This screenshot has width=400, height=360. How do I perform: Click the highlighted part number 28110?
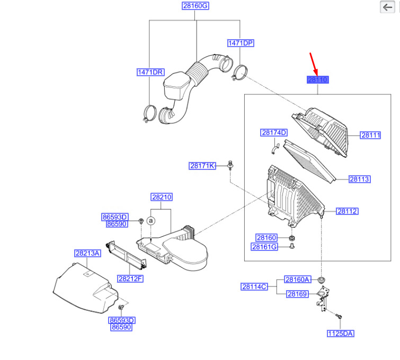pos(318,80)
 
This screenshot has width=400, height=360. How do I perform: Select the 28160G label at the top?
pos(195,6)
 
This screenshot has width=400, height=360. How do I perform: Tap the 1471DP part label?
pos(241,43)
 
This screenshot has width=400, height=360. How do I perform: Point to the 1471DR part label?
pos(150,72)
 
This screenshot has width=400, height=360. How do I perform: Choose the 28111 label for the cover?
pos(371,136)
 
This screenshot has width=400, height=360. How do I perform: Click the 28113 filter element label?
pos(359,179)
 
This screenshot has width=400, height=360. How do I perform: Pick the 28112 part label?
pos(348,211)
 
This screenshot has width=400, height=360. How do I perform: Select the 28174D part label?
pos(273,133)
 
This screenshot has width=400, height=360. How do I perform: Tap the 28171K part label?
pos(202,166)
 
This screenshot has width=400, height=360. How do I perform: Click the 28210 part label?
pos(162,197)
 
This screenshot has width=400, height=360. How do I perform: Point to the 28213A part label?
pos(87,253)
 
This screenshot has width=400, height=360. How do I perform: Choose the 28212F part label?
pos(130,278)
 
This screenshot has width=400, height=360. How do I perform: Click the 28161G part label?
pos(264,247)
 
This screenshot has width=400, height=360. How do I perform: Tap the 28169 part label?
pos(297,294)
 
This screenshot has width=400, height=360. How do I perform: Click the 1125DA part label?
pos(340,334)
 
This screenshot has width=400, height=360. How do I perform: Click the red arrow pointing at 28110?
pos(314,63)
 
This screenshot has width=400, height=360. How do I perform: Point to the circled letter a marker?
pos(150,220)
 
